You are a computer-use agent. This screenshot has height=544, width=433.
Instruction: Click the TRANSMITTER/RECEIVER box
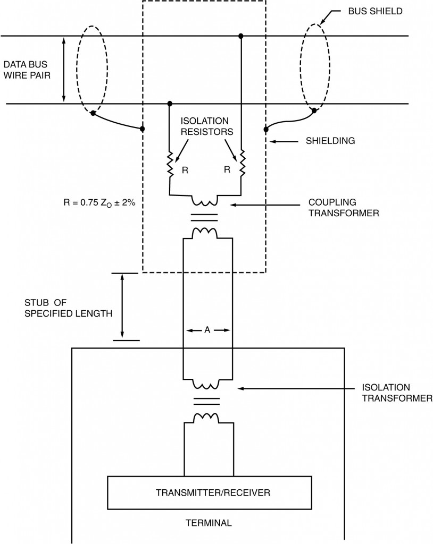[210, 492]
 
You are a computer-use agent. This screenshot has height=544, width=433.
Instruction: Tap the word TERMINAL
[208, 523]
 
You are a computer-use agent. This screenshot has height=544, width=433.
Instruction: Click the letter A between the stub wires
[207, 330]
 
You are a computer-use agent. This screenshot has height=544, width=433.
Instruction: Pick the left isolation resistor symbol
[170, 165]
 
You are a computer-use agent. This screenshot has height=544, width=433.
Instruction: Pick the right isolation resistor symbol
[242, 164]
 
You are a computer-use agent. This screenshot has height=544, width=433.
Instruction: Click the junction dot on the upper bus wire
[241, 36]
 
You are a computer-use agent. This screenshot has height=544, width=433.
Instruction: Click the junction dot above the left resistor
[170, 103]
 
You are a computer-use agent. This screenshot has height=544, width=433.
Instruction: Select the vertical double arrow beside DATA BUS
[64, 69]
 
